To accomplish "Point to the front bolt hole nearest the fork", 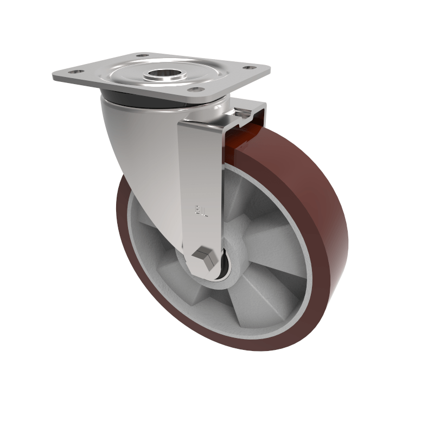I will [x=197, y=89].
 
